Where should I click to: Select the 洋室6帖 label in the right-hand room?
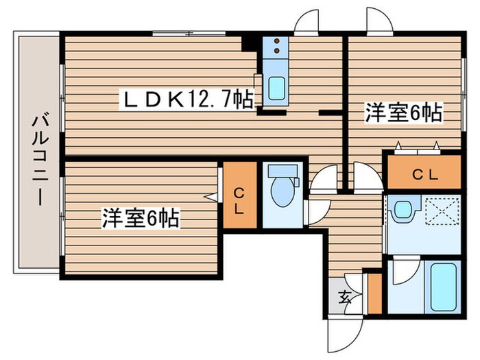pyautogui.click(x=403, y=113)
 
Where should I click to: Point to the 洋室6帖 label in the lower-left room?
pyautogui.click(x=141, y=219)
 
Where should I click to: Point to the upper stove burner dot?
pyautogui.click(x=276, y=41)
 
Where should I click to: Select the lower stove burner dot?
pyautogui.click(x=276, y=50)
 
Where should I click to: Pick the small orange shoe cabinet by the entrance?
pyautogui.click(x=374, y=293)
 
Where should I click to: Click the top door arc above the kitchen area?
pyautogui.click(x=306, y=22)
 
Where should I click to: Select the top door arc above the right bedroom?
pyautogui.click(x=378, y=21)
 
